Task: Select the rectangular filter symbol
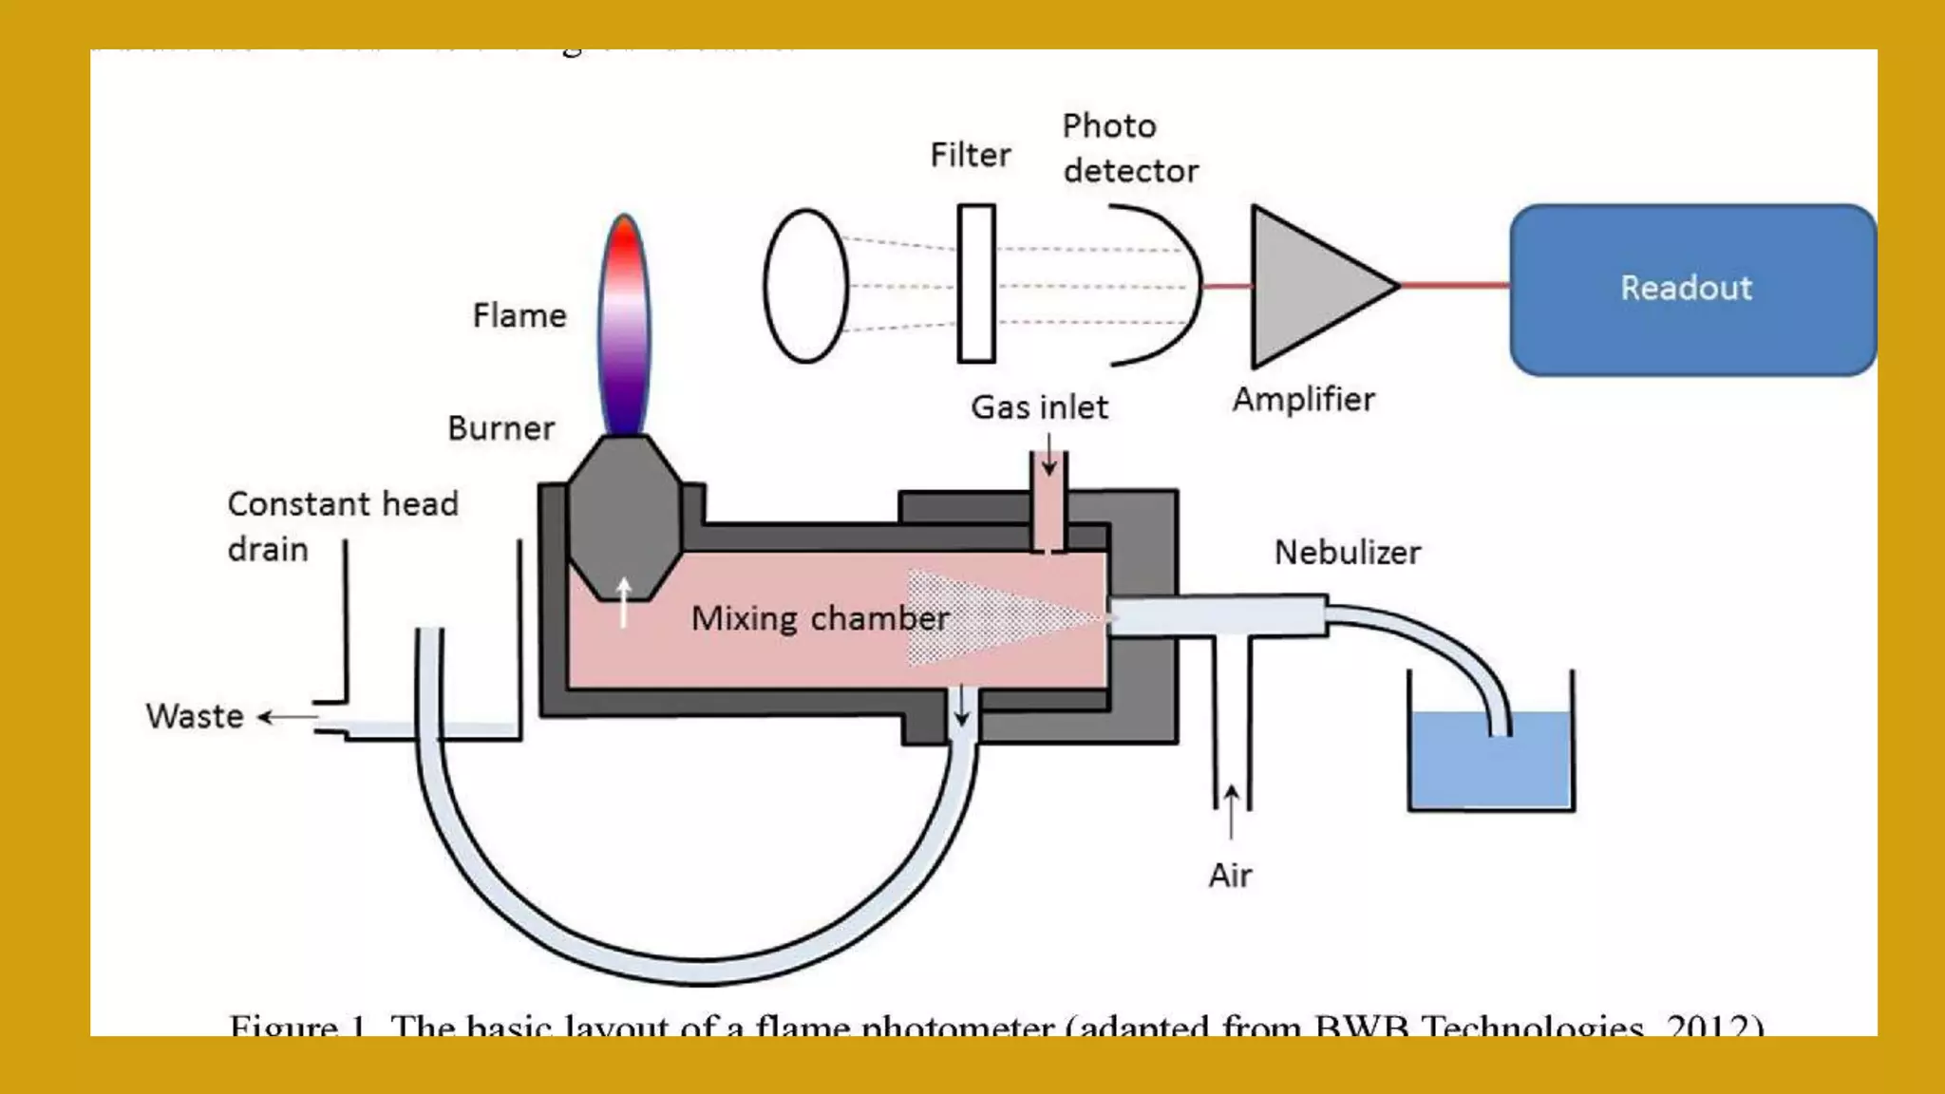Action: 976,283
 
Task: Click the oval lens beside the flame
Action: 805,286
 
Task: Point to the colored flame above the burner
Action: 624,323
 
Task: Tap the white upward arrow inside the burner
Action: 624,602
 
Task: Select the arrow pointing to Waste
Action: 286,717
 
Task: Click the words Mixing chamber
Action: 820,618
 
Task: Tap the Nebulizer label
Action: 1347,553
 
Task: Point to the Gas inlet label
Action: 1039,407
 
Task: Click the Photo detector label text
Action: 1129,149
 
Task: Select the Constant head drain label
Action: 342,526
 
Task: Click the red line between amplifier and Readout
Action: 1453,285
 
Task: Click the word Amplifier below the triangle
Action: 1303,400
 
